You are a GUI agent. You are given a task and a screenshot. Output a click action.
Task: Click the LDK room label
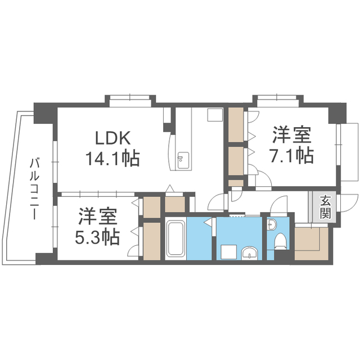pos(112,138)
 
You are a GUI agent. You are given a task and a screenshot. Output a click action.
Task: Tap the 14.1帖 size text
pos(112,158)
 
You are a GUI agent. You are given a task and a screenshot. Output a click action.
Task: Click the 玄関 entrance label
pos(325,208)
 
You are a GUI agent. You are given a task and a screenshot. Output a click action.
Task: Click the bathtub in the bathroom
pos(175,238)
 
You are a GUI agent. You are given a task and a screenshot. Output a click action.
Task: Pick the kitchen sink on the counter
pos(183,160)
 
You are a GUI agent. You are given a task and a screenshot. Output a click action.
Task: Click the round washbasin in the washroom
pos(250,253)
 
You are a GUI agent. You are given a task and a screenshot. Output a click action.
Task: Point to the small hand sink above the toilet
pos(272,224)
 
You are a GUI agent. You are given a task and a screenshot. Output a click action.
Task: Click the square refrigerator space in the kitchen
pos(215,115)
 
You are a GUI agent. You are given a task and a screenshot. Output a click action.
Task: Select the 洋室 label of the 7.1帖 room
pos(292,135)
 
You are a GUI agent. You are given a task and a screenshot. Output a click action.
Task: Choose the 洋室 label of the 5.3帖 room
pos(98,216)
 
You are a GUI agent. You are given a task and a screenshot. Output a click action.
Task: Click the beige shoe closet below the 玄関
pos(311,244)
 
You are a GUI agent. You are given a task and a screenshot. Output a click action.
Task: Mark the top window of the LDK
pos(130,101)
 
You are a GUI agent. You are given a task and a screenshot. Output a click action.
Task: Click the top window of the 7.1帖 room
pos(278,101)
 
